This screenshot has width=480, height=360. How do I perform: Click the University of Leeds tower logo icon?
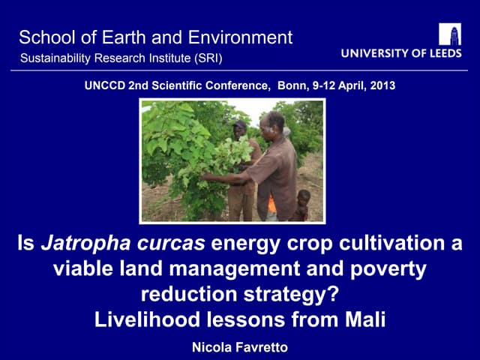point(450,34)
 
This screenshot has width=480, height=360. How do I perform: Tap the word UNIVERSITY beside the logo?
point(371,54)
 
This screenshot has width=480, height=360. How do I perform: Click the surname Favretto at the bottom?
point(259,347)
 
